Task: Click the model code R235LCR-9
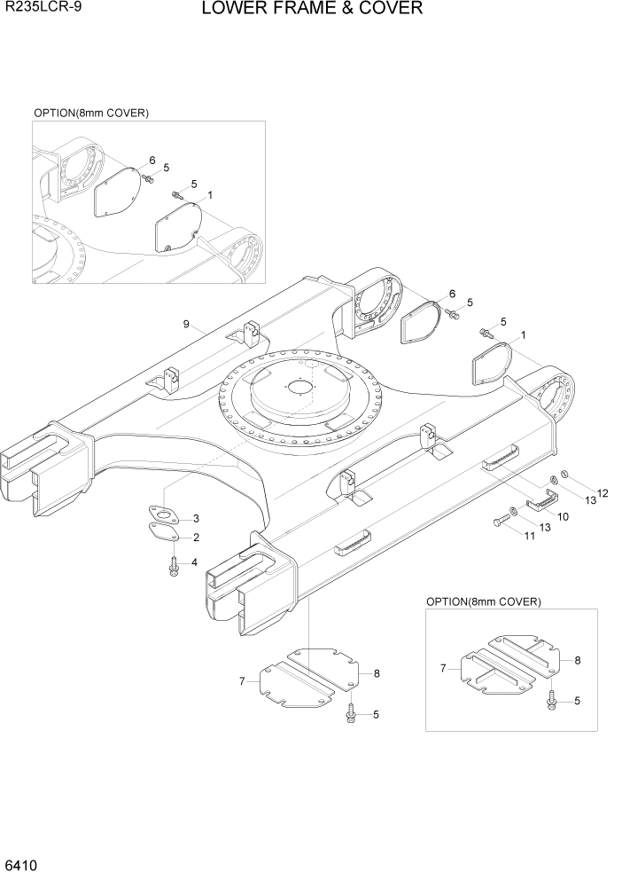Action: click(39, 10)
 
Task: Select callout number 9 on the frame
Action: click(187, 325)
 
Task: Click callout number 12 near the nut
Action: click(603, 493)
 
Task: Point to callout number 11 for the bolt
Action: click(530, 537)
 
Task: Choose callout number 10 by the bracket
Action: click(562, 515)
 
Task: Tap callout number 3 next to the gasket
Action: click(196, 518)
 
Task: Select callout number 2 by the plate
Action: click(196, 538)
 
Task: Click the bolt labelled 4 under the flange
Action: click(174, 566)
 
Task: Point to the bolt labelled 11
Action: click(497, 524)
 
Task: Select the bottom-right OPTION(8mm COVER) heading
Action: click(483, 601)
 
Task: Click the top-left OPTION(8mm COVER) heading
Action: click(90, 114)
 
